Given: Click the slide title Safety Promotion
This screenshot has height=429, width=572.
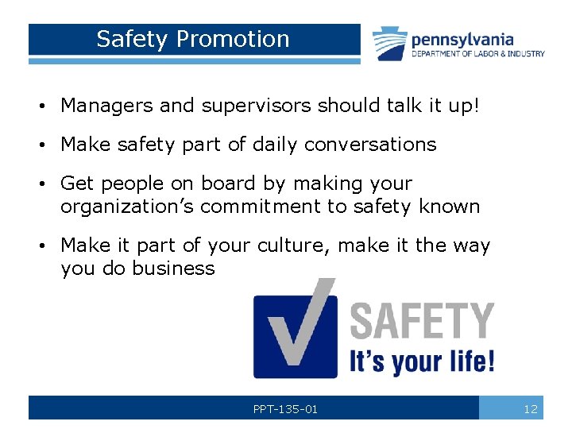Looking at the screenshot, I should tap(193, 39).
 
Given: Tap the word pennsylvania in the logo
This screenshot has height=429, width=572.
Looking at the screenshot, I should tap(462, 39).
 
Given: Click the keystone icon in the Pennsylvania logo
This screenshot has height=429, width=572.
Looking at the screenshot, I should tap(390, 44).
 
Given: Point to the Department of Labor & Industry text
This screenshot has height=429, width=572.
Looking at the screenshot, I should tap(477, 54).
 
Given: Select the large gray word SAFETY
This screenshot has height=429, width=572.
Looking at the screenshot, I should tap(422, 321).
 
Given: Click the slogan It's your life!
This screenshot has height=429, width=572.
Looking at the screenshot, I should tap(423, 361).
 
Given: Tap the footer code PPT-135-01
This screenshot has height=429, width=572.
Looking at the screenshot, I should tap(285, 409).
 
